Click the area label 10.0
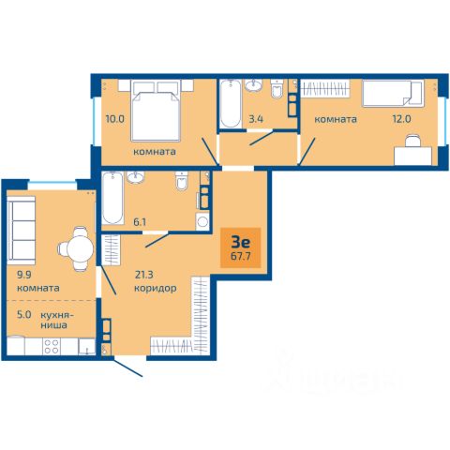point(115,119)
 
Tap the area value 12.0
point(401,119)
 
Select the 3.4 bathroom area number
point(256,119)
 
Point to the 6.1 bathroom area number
point(140,222)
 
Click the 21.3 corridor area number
point(144,275)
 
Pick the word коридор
point(156,288)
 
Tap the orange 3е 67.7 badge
point(241,247)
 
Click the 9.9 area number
point(24,275)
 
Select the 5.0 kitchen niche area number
point(24,314)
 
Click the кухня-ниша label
point(57,320)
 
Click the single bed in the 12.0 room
point(393,94)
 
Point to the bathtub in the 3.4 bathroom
point(231,104)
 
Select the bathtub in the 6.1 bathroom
point(112,198)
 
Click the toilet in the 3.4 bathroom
point(277,88)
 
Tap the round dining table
point(81,249)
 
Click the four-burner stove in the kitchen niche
point(52,346)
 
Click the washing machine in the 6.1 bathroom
point(202,221)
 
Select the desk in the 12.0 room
point(412,156)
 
